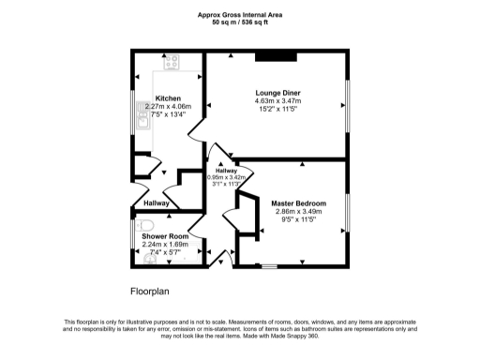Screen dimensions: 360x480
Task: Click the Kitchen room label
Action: [x=169, y=98]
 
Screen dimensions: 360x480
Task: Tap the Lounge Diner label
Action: [x=277, y=93]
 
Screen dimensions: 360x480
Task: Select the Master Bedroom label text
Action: [x=298, y=203]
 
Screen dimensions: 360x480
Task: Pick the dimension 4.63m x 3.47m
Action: [x=277, y=101]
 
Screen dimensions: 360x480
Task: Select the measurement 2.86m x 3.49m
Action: [x=298, y=212]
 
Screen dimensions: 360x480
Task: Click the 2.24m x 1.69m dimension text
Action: [x=165, y=245]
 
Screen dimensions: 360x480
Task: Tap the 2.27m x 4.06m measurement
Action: [x=169, y=107]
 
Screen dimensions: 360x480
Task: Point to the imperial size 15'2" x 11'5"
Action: [x=277, y=110]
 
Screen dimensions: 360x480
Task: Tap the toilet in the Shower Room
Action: [x=143, y=226]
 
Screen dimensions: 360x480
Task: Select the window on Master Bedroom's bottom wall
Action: [x=269, y=264]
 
